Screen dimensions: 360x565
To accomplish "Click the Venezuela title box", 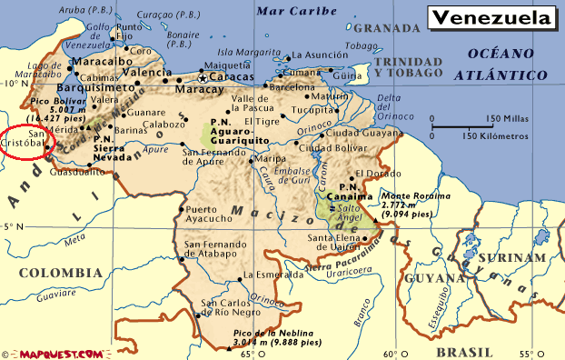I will pos(491,18).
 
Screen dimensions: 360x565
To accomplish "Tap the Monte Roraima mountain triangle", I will pos(374,218).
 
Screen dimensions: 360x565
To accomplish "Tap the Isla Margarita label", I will pos(247,52).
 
